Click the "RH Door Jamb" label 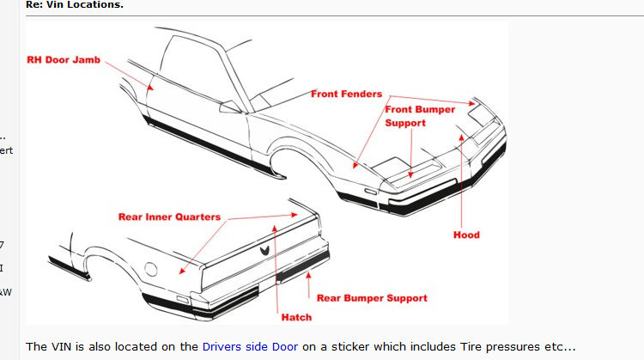(x=64, y=60)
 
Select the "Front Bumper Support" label (x=419, y=116)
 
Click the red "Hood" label (x=466, y=235)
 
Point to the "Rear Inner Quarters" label (x=169, y=217)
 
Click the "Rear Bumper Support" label (x=372, y=298)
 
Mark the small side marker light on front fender (x=369, y=187)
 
